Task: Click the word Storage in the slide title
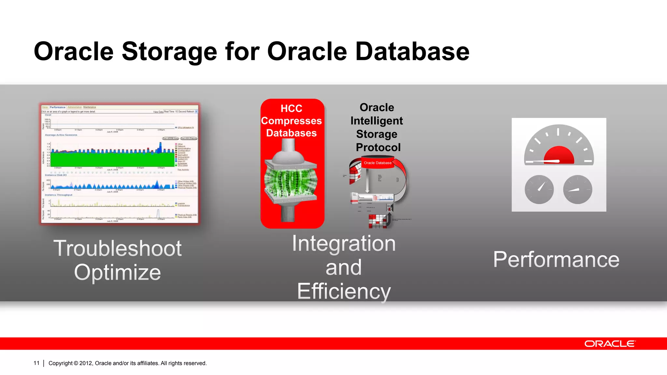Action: pyautogui.click(x=169, y=51)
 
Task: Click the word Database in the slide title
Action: pyautogui.click(x=412, y=51)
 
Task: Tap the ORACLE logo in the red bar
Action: pyautogui.click(x=609, y=344)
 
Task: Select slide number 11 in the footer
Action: pyautogui.click(x=36, y=363)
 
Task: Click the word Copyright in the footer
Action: pyautogui.click(x=61, y=363)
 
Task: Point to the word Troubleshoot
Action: pyautogui.click(x=117, y=248)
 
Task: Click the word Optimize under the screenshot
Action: pyautogui.click(x=117, y=272)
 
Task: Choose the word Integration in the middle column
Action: pyautogui.click(x=344, y=243)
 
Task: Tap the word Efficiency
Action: pyautogui.click(x=344, y=291)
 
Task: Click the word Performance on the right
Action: pyautogui.click(x=556, y=260)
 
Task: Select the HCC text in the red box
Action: pyautogui.click(x=291, y=108)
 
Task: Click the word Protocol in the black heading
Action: pyautogui.click(x=378, y=147)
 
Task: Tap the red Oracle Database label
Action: pyautogui.click(x=377, y=163)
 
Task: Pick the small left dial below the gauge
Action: pyautogui.click(x=539, y=189)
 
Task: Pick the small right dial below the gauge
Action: pyautogui.click(x=577, y=189)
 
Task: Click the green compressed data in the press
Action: pyautogui.click(x=291, y=181)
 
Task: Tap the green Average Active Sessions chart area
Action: pyautogui.click(x=112, y=160)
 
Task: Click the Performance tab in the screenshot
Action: pyautogui.click(x=57, y=107)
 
